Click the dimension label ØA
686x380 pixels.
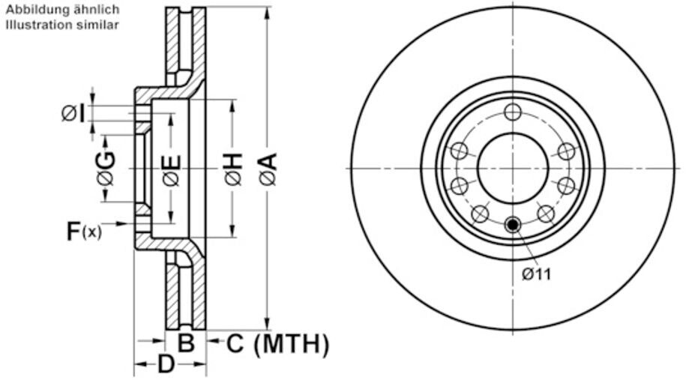(x=269, y=169)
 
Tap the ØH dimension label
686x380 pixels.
(x=234, y=169)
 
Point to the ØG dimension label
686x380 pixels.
(x=106, y=169)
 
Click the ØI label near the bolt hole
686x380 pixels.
(x=73, y=114)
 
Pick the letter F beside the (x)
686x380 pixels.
(x=73, y=232)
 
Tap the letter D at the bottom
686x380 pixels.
(x=166, y=364)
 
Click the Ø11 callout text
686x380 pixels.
(x=536, y=274)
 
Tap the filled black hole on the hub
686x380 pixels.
(x=512, y=225)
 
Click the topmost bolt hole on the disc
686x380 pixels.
(x=512, y=112)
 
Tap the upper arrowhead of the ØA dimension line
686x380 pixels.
(x=268, y=13)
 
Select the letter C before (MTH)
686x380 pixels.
(x=235, y=343)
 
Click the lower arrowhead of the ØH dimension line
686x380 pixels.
(x=232, y=232)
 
